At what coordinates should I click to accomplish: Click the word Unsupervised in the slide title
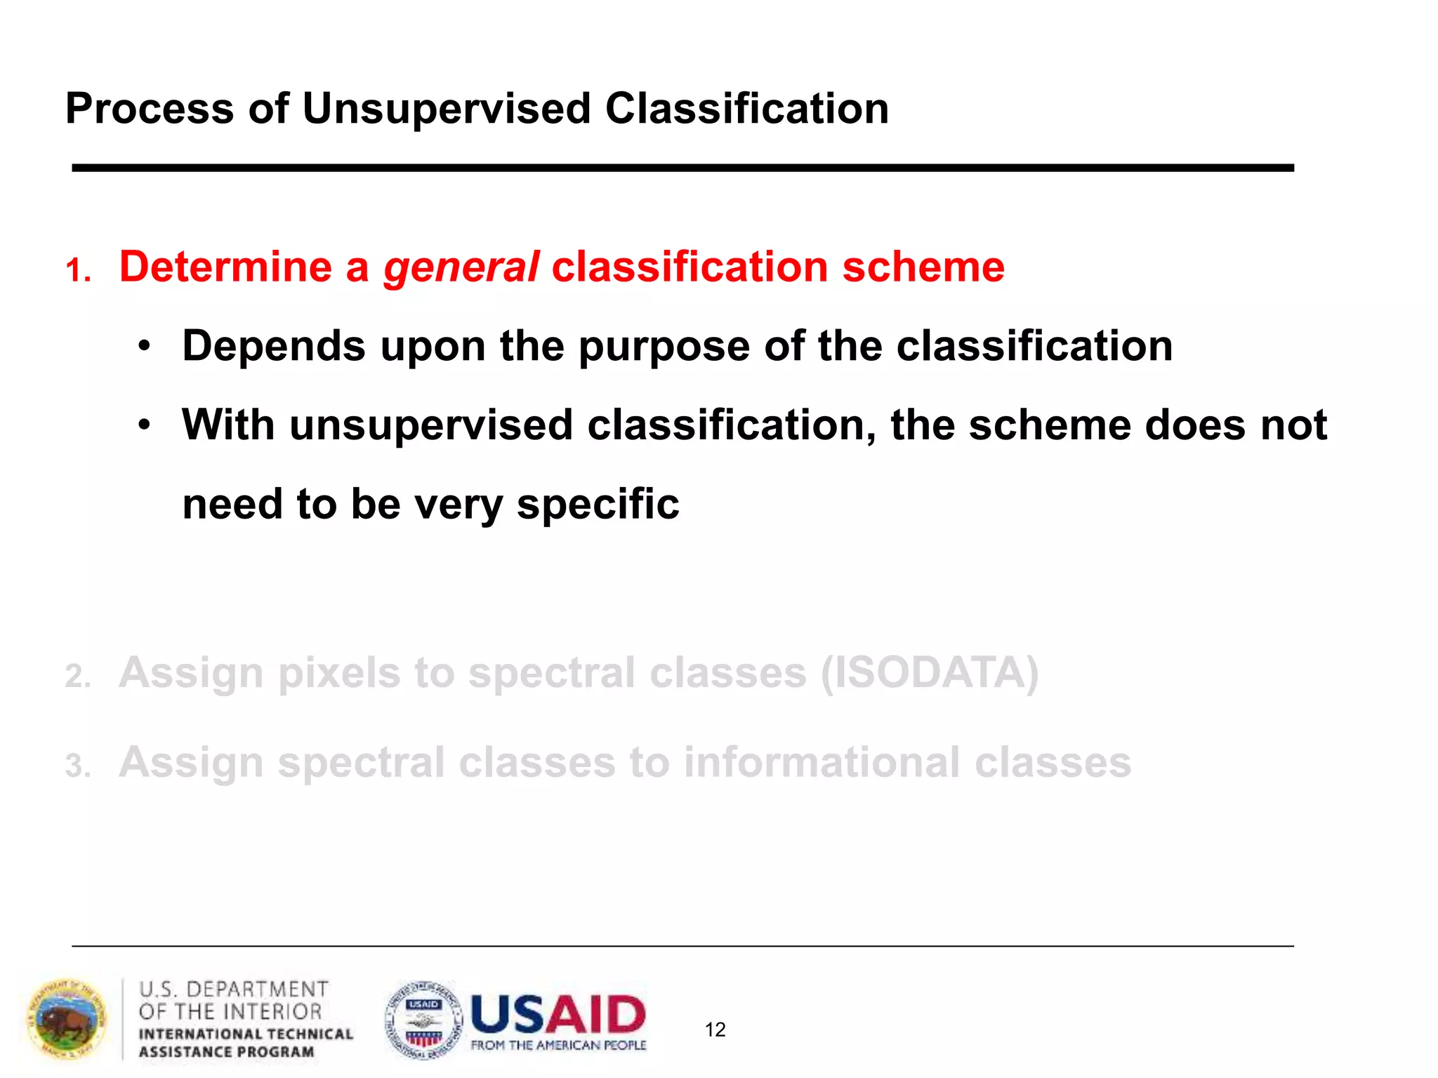[446, 109]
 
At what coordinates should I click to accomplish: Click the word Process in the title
[150, 109]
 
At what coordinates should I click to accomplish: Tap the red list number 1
[76, 270]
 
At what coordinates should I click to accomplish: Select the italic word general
[461, 268]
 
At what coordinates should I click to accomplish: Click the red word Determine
[225, 267]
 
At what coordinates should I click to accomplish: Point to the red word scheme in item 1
[923, 267]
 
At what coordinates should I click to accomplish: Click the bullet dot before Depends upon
[144, 346]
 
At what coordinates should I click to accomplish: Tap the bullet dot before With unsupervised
[144, 425]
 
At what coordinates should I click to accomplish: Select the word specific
[598, 505]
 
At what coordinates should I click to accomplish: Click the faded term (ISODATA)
[930, 673]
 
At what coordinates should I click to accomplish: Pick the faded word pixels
[338, 673]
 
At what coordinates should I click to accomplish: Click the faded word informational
[822, 763]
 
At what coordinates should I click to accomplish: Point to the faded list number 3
[77, 766]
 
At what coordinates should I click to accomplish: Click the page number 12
[715, 1030]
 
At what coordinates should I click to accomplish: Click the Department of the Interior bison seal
[67, 1020]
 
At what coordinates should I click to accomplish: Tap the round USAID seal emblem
[424, 1020]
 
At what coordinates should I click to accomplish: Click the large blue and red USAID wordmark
[558, 1014]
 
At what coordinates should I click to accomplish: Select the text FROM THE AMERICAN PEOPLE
[558, 1045]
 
